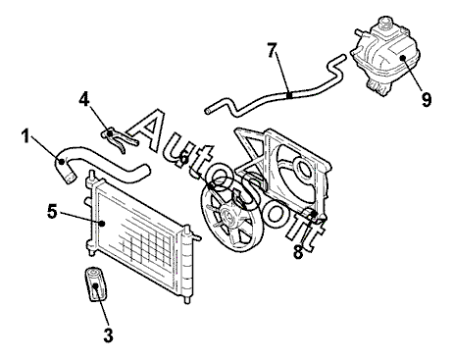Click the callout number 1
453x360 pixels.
point(25,135)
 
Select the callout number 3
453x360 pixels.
point(108,335)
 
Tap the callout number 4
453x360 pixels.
point(84,99)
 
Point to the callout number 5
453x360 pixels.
point(52,212)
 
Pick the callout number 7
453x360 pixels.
point(272,50)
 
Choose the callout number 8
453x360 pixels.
point(298,252)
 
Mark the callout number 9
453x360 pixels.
point(427,99)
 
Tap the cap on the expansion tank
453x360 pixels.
point(385,23)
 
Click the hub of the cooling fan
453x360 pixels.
point(228,217)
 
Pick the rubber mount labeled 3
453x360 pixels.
point(96,284)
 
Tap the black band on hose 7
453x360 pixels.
point(289,95)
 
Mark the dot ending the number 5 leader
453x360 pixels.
point(103,224)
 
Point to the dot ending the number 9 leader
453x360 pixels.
point(402,58)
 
